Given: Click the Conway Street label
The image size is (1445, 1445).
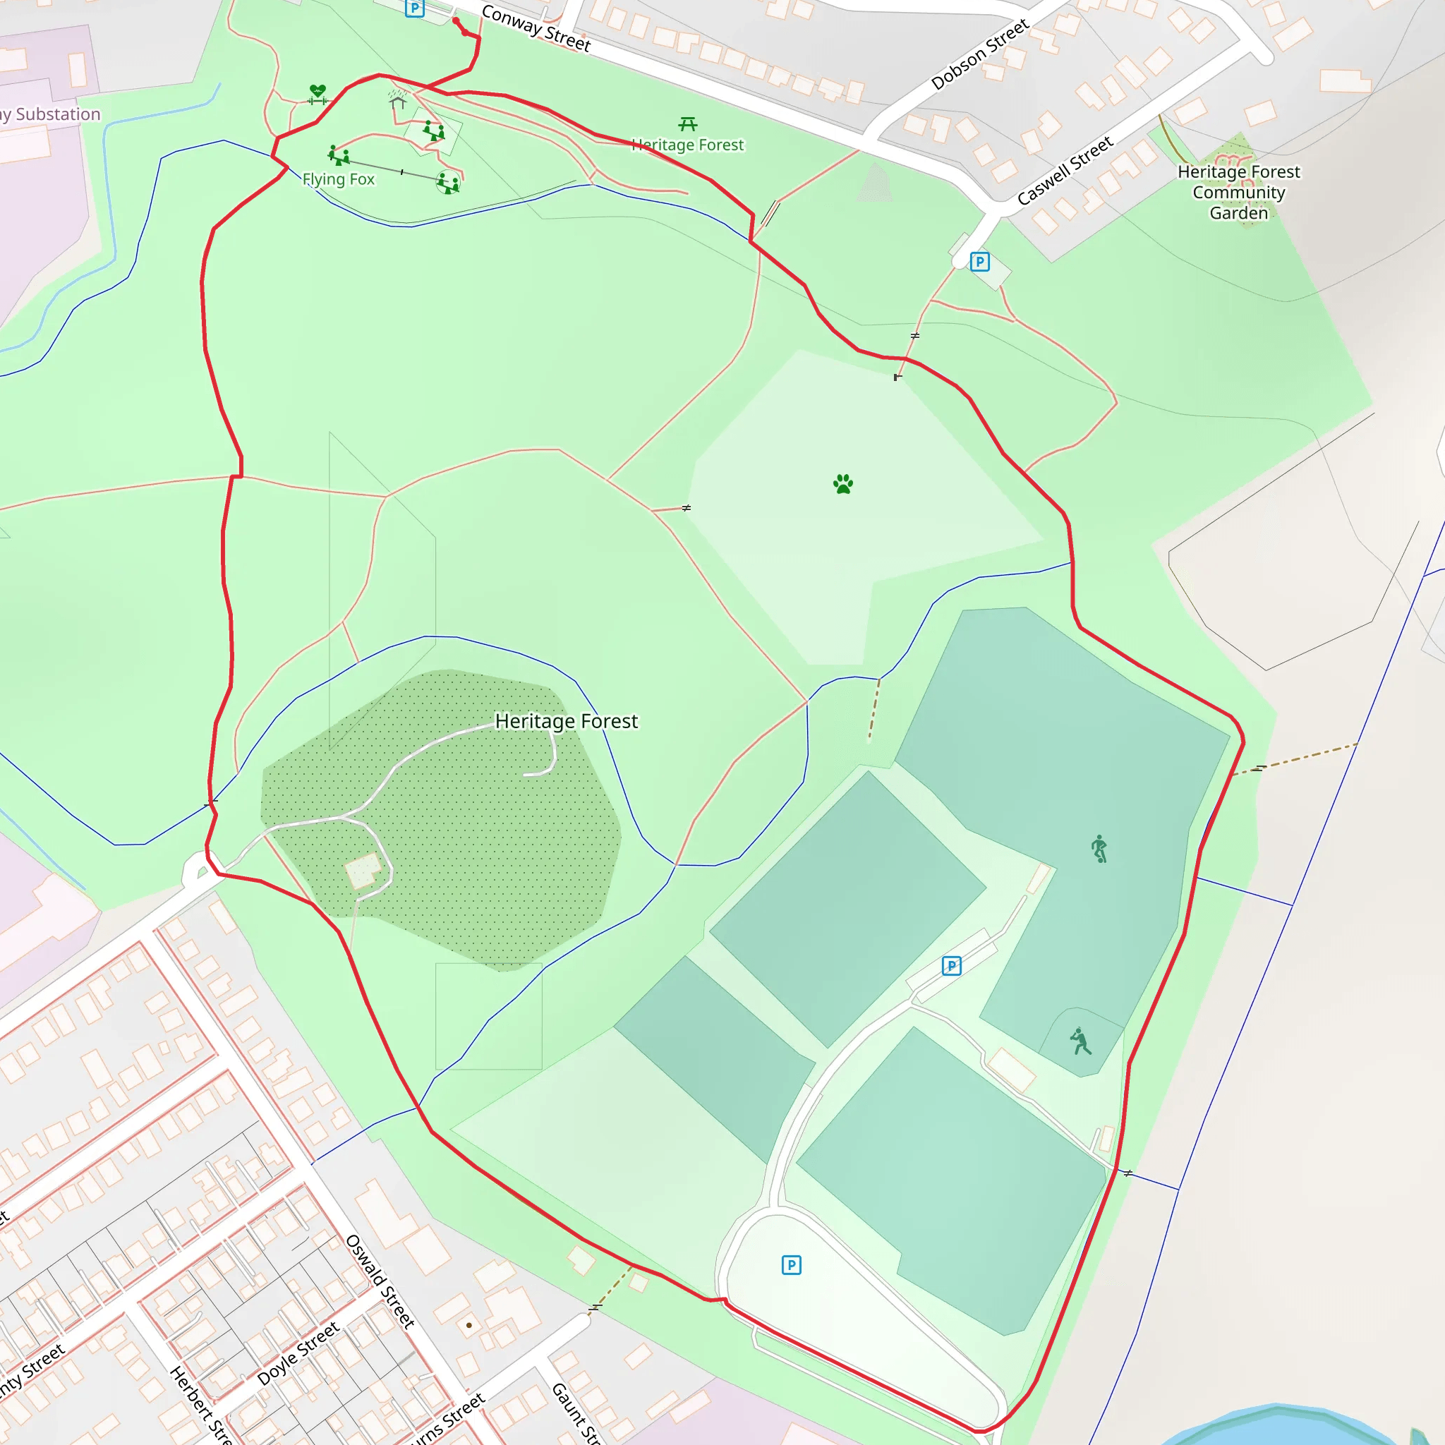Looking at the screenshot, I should (536, 28).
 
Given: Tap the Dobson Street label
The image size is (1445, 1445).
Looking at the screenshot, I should (980, 54).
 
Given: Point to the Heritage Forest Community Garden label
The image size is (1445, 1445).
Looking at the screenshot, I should (1238, 192).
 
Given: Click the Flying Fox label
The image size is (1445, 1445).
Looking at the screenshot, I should (338, 179).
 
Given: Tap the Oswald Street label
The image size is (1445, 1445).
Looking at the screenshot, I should (380, 1281).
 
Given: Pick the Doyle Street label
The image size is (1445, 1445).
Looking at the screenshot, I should (298, 1353).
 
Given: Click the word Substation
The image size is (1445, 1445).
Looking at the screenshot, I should (58, 114).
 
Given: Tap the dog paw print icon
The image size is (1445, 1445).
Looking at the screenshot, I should (843, 484).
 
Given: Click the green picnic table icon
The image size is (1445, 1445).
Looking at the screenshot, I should (687, 123).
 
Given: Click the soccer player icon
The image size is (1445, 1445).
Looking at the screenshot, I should (1099, 848).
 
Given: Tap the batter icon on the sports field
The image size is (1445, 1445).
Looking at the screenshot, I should (1080, 1041).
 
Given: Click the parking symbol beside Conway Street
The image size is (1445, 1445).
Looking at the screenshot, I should (414, 8).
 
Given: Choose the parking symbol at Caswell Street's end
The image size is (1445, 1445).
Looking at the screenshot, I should (980, 262).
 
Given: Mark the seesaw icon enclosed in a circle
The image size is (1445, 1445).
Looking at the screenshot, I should (448, 183).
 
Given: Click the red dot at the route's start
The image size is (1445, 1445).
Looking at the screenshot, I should (456, 21).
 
